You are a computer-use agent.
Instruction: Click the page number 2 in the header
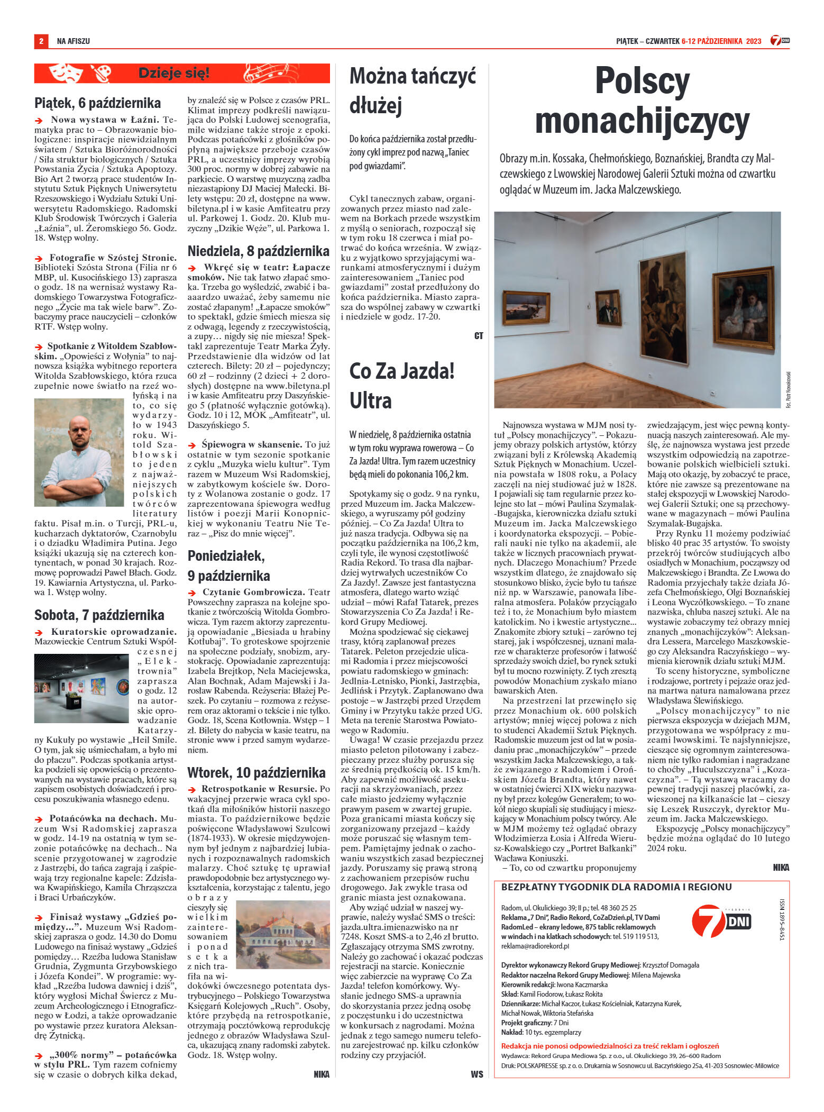41,41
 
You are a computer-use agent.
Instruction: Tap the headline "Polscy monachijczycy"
642,102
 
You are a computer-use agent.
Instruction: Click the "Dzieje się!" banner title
173,74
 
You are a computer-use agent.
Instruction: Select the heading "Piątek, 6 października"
97,103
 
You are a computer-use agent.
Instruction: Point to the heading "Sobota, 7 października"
99,615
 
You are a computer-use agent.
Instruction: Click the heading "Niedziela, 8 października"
259,251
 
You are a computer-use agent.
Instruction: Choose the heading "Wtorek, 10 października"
256,772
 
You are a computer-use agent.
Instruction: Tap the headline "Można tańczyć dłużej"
413,90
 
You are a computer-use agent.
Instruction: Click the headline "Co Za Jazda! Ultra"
402,385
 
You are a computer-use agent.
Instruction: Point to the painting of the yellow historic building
282,934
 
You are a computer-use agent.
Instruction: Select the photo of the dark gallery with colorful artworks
81,688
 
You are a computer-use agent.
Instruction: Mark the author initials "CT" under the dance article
478,336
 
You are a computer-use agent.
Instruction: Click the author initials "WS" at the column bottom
477,1074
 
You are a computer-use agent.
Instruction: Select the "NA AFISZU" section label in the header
73,41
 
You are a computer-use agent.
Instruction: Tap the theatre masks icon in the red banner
66,73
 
